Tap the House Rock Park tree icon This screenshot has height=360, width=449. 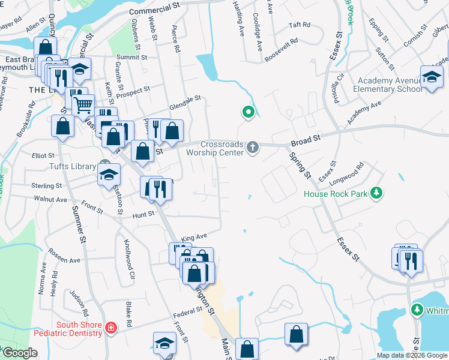tap(376, 193)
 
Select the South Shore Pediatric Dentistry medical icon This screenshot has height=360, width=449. tap(110, 328)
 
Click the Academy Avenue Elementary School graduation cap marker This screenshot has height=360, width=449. tap(432, 77)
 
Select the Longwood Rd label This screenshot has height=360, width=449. tap(352, 170)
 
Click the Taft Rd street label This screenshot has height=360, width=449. tap(299, 25)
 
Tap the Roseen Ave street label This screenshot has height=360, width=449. tap(64, 256)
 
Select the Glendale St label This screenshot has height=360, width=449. tap(184, 100)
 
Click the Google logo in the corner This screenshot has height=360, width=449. tap(19, 353)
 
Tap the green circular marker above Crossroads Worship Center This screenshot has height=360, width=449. tap(247, 112)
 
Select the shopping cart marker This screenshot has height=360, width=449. tap(83, 106)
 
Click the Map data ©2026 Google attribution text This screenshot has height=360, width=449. tap(412, 355)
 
